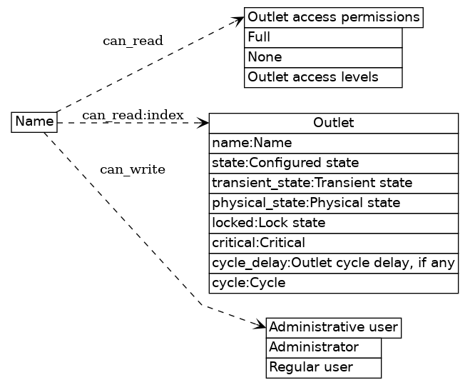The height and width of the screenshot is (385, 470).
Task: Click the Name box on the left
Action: pos(34,122)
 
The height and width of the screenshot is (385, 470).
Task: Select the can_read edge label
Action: pos(133,41)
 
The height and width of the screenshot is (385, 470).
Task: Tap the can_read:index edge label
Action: pos(133,115)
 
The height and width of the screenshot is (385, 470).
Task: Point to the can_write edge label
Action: pos(133,169)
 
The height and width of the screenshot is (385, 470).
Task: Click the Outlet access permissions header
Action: pos(334,17)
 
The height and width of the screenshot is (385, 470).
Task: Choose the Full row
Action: pos(323,37)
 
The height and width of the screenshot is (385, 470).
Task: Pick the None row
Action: pos(323,57)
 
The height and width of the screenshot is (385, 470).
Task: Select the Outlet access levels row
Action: pos(323,77)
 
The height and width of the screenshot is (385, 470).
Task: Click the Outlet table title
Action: pos(333,123)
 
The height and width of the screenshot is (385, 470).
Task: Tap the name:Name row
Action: pos(333,143)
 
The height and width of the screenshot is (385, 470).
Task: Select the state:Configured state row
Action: pos(333,163)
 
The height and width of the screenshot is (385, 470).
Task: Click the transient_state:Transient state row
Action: pos(333,183)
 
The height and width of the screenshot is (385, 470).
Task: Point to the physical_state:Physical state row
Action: pos(333,203)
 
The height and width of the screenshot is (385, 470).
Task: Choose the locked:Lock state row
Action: pos(333,223)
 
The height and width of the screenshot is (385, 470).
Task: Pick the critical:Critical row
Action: pos(333,243)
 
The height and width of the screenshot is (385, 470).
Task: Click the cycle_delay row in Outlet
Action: pos(333,263)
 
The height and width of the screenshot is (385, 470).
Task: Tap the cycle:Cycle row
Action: pos(333,283)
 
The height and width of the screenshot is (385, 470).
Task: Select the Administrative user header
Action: pos(333,328)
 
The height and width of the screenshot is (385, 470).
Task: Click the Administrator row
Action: pos(324,348)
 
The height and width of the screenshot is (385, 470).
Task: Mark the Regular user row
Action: pos(324,368)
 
